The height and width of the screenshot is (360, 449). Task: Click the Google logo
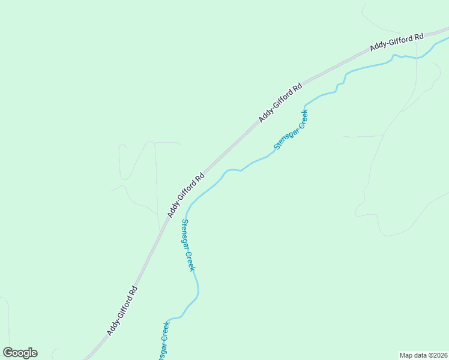20,353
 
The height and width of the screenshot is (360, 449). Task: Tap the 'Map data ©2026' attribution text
424,355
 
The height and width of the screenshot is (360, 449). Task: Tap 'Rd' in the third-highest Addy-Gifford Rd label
199,178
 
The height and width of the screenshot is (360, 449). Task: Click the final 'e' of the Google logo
34,353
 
